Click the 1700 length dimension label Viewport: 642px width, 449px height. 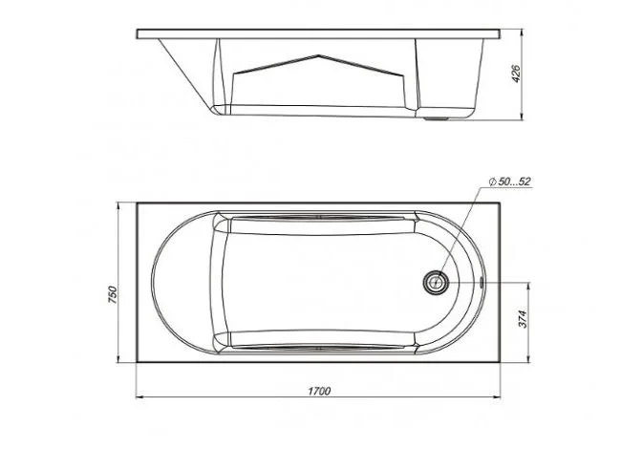point(319,392)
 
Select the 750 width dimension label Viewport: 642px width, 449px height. point(112,294)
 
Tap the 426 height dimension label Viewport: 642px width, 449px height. point(516,74)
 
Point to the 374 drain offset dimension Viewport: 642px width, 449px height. point(523,319)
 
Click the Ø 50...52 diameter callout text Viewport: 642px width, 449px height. point(510,182)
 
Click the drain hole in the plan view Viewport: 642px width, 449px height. point(436,283)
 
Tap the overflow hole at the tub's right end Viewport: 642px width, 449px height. point(481,282)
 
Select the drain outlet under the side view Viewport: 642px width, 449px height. point(436,119)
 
